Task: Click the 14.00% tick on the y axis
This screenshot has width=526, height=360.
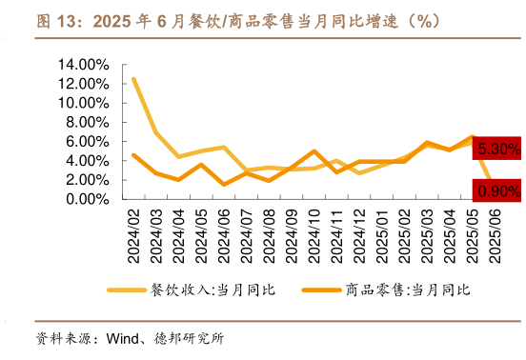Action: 84,65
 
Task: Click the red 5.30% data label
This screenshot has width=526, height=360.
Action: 498,149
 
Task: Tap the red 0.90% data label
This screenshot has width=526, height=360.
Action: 498,190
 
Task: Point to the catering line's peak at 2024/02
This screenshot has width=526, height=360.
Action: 133,79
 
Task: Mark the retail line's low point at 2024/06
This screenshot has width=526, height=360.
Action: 224,185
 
